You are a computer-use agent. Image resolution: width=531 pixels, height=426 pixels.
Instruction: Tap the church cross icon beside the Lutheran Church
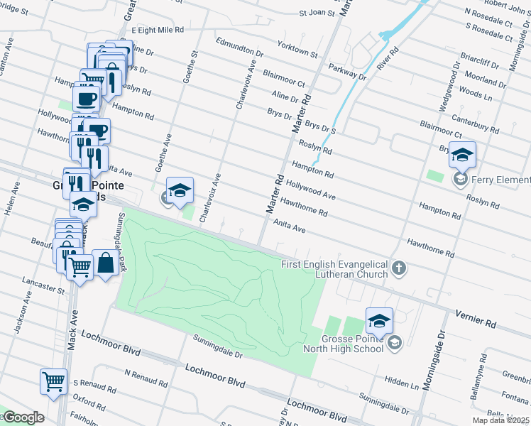400,268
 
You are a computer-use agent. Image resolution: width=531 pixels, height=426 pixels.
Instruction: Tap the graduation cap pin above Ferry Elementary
462,155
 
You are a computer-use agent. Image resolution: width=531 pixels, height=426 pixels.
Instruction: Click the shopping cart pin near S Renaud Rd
53,382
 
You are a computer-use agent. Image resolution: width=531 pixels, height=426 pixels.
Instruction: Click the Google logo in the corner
23,417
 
